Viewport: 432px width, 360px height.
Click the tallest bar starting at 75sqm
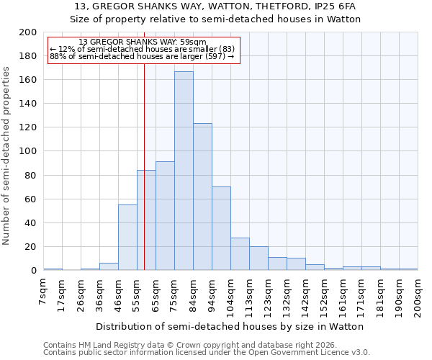click(x=184, y=171)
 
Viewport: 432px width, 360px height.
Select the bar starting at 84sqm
click(x=202, y=197)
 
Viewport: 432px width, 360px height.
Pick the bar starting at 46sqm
click(x=127, y=238)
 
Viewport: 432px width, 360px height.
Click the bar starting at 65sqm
click(x=165, y=216)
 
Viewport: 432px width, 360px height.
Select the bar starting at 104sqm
click(x=240, y=254)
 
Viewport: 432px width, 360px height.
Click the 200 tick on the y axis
click(x=28, y=32)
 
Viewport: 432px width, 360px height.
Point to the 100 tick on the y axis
click(x=28, y=151)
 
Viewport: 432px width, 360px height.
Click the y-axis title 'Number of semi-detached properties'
click(x=7, y=156)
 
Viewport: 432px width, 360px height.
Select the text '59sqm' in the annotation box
click(x=194, y=42)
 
